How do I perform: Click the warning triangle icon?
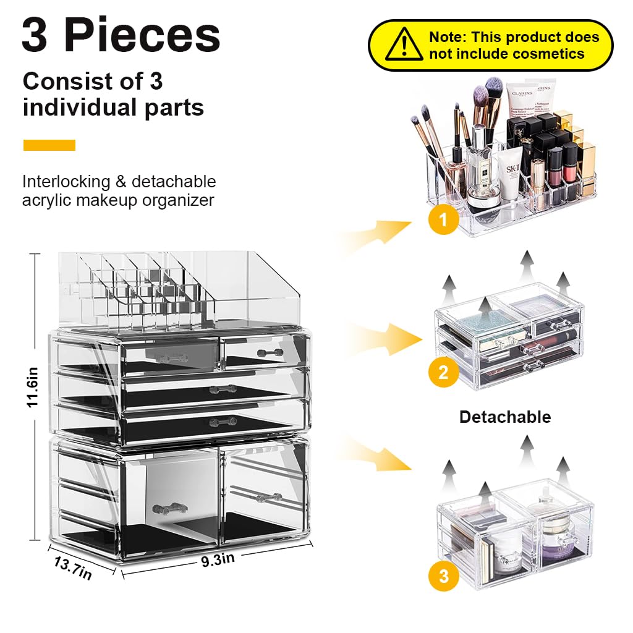pos(404,45)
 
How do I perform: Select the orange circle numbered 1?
pos(444,219)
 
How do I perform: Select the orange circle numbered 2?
pos(443,372)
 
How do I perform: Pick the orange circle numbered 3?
pos(443,577)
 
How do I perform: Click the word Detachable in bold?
pos(504,417)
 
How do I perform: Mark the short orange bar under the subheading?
pos(49,145)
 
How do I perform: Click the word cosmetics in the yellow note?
pos(542,54)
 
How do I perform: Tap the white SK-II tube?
pos(510,179)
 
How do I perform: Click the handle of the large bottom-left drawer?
pos(169,509)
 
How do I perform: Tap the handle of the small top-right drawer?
pos(270,352)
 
